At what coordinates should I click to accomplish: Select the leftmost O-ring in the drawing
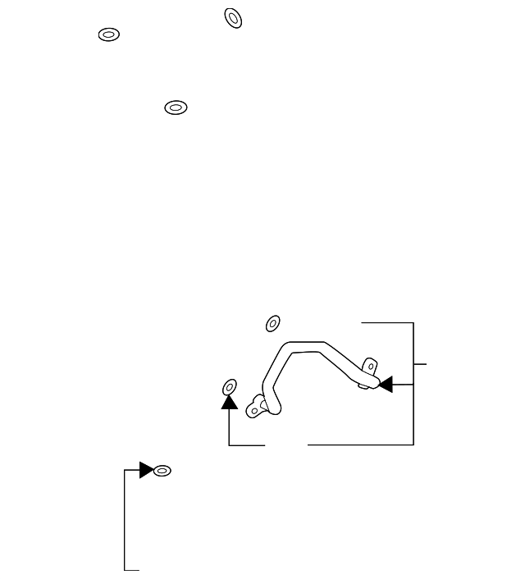coord(109,35)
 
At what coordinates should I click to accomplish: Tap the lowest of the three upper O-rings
coord(176,107)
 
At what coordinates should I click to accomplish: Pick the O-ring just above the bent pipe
coord(273,323)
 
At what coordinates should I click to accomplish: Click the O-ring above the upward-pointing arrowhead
coord(230,385)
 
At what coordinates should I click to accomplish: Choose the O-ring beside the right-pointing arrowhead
coord(162,471)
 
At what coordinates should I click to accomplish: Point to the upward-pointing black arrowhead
coord(230,401)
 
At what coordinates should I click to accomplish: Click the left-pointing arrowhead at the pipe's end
coord(385,383)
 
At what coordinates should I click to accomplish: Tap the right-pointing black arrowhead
coord(146,470)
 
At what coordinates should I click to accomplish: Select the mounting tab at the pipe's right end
coord(370,364)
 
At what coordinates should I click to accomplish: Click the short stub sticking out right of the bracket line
coord(421,362)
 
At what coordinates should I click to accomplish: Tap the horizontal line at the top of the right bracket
coord(388,323)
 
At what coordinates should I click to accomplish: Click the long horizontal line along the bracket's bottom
coord(361,445)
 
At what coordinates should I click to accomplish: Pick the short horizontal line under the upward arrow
coord(247,445)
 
